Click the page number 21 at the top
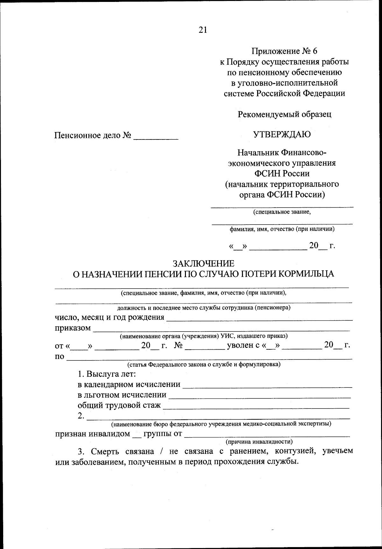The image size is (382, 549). pos(203,30)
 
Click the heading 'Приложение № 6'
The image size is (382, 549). pos(285,51)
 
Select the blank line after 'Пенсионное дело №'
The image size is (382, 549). pos(156,137)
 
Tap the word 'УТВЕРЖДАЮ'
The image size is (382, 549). pos(282,134)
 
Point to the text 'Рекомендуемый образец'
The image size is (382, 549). pos(285,114)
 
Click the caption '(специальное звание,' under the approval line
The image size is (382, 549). pos(282,212)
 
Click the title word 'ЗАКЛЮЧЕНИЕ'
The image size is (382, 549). pos(203,263)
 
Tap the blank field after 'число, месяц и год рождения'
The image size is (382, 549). pos(259,318)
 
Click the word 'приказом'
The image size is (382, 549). pos(73,328)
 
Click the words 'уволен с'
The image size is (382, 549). pos(244,345)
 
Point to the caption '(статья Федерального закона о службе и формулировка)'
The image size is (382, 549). pos(204,364)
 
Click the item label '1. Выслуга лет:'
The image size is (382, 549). pos(107,374)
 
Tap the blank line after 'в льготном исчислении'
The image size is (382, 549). pos(259,396)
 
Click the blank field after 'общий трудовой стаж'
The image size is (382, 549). pos(256,406)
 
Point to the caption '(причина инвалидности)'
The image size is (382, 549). pos(259,442)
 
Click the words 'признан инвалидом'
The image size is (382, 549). pos(93,434)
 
